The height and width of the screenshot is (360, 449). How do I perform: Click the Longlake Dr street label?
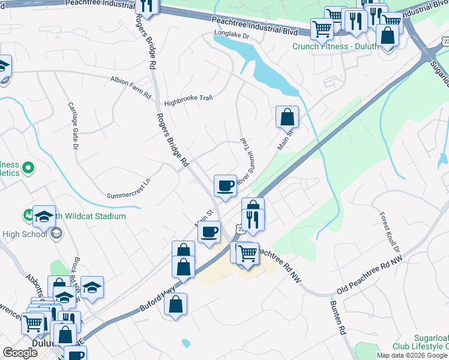pyautogui.click(x=232, y=35)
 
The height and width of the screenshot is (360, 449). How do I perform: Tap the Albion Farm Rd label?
pyautogui.click(x=131, y=80)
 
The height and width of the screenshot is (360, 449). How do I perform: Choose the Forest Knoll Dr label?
pyautogui.click(x=390, y=232)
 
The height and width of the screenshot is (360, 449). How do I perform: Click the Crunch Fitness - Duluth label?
pyautogui.click(x=335, y=47)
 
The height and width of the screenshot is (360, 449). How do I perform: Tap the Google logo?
pyautogui.click(x=20, y=352)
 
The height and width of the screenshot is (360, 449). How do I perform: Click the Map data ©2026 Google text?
pyautogui.click(x=412, y=355)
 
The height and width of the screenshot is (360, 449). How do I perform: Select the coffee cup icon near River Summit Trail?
pyautogui.click(x=226, y=185)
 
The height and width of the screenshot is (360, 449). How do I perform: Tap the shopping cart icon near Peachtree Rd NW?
pyautogui.click(x=247, y=254)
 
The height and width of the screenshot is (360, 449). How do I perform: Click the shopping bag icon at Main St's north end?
pyautogui.click(x=288, y=116)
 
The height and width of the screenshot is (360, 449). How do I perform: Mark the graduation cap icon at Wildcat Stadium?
pyautogui.click(x=44, y=217)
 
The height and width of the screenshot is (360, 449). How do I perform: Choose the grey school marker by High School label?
pyautogui.click(x=56, y=233)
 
